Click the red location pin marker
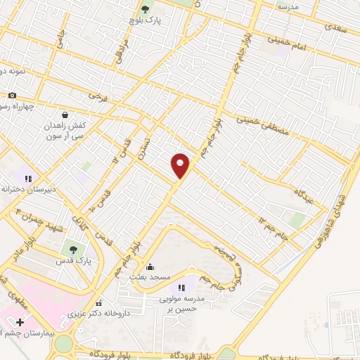181,165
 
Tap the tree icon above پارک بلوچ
146,9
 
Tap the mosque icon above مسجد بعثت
149,266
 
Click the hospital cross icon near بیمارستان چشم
20,323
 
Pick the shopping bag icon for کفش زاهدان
65,115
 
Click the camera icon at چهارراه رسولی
11,96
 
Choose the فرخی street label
103,95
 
